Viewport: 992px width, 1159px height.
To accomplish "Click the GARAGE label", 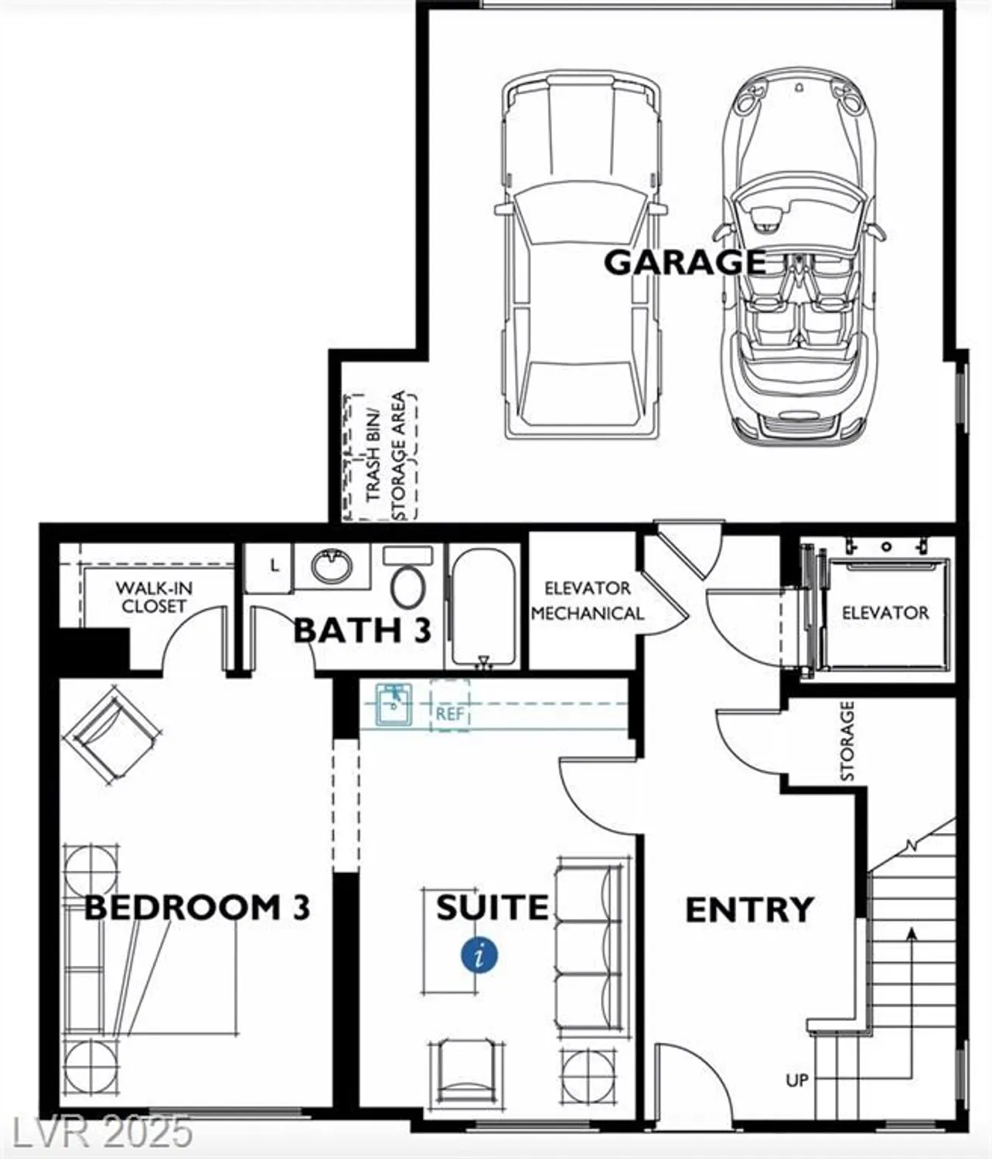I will click(x=684, y=262).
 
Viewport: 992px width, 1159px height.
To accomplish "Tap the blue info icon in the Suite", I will click(x=479, y=956).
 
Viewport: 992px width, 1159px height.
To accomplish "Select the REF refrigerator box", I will click(x=449, y=713).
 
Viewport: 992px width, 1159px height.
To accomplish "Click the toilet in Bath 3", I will click(x=407, y=580).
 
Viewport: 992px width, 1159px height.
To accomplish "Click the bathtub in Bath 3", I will click(x=483, y=607).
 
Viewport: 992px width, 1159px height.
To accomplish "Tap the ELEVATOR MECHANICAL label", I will click(x=588, y=601).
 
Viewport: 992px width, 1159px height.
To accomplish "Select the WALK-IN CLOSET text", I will click(x=154, y=597).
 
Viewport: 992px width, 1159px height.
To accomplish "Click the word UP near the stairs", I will click(x=796, y=1079).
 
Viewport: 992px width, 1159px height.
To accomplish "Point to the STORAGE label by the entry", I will click(x=847, y=741).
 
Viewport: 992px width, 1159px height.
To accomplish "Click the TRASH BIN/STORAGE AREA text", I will click(x=385, y=456).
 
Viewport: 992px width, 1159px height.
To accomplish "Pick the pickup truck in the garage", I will click(x=581, y=255).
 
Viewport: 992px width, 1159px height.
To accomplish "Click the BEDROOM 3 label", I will click(x=196, y=907).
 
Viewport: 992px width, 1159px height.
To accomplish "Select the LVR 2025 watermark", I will click(x=97, y=1132).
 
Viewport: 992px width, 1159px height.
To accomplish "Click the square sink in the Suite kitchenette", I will click(x=394, y=705).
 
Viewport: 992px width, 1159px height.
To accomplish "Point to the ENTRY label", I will click(x=749, y=910).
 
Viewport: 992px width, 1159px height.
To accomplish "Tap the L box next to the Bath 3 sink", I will click(x=274, y=566).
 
